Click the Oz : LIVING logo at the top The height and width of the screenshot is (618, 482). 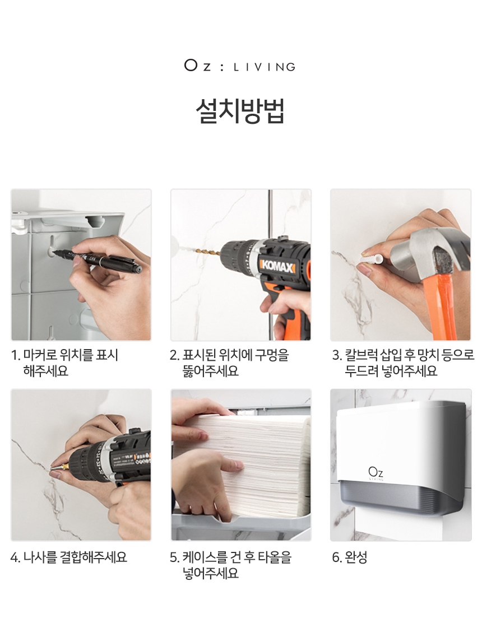240,66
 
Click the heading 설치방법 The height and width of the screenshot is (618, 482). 240,111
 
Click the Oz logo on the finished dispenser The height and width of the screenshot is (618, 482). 376,473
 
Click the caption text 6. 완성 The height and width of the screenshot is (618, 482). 350,557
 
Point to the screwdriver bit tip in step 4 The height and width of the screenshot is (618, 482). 52,468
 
